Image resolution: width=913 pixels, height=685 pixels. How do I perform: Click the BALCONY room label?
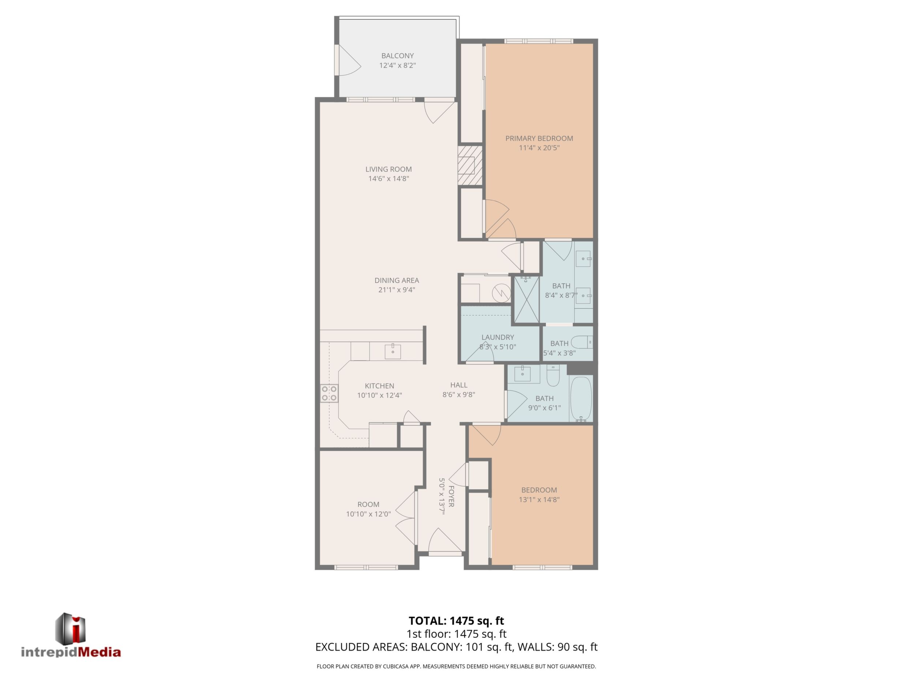coord(397,56)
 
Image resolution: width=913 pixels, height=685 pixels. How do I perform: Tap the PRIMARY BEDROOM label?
coord(539,138)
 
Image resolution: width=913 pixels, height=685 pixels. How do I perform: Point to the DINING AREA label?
coord(397,280)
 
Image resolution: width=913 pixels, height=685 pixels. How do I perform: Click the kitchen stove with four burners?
coord(329,393)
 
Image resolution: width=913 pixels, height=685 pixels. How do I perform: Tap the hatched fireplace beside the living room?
coord(470,165)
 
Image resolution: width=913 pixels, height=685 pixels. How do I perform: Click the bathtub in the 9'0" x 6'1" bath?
coord(581,399)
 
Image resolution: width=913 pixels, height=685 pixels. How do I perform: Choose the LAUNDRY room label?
coord(498,337)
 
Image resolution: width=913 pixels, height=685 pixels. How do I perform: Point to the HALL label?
coord(459,385)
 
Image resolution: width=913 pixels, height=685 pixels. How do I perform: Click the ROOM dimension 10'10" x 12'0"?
coord(368,514)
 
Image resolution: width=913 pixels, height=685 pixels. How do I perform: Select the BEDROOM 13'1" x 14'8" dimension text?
coord(539,499)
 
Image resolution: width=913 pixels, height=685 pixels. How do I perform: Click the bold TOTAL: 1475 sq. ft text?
coord(456,621)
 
